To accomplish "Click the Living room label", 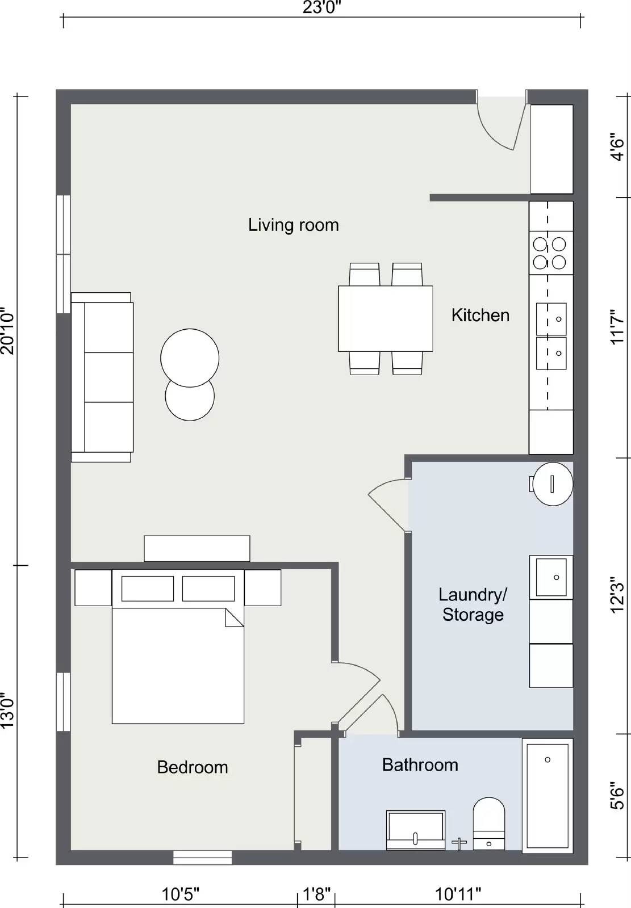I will pyautogui.click(x=293, y=225).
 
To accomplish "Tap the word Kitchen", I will pyautogui.click(x=480, y=315).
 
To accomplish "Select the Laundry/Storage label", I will pyautogui.click(x=473, y=604).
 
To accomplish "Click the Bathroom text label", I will pyautogui.click(x=420, y=765).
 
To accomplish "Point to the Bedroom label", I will pyautogui.click(x=192, y=767).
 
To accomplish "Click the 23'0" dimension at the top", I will pyautogui.click(x=321, y=7).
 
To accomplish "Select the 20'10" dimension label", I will pyautogui.click(x=7, y=331).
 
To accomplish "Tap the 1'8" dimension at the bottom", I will pyautogui.click(x=316, y=894).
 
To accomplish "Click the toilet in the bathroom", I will pyautogui.click(x=489, y=823).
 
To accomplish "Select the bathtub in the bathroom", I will pyautogui.click(x=548, y=794).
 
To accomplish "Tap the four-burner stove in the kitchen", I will pyautogui.click(x=550, y=253).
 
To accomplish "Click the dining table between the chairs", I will pyautogui.click(x=385, y=318).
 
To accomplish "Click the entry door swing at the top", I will pyautogui.click(x=500, y=122).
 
